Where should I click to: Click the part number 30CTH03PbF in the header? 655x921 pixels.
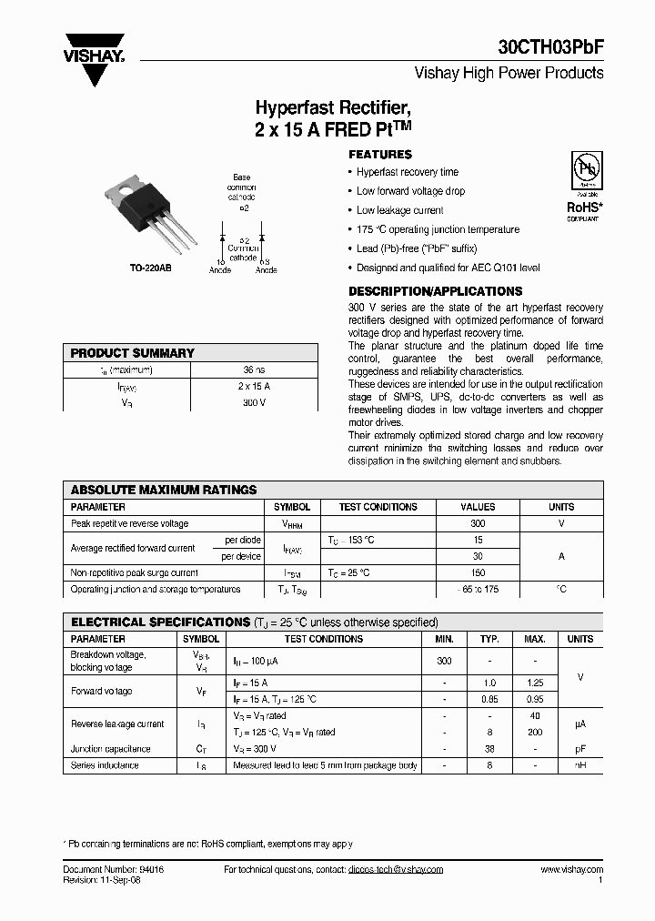click(x=550, y=48)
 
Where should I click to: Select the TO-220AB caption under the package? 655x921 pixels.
click(x=150, y=269)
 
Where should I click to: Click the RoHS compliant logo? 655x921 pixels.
click(x=583, y=187)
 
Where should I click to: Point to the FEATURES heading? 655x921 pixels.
click(x=380, y=155)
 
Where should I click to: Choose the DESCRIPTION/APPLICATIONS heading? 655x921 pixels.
click(x=436, y=291)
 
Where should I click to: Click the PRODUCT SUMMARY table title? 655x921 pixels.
click(x=133, y=353)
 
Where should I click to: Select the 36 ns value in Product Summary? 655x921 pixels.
click(x=254, y=369)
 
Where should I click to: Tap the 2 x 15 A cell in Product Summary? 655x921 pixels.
click(x=254, y=385)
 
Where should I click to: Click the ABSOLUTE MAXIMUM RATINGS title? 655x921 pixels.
click(x=164, y=490)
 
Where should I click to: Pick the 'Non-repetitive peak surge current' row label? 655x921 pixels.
click(x=135, y=573)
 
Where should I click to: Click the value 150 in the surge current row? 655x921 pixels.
click(x=478, y=573)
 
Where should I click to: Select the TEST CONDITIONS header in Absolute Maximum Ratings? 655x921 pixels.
click(x=378, y=507)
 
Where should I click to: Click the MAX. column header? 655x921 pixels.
click(x=535, y=639)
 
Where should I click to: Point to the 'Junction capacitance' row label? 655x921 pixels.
click(x=111, y=749)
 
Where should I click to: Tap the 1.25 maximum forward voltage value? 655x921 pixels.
click(x=535, y=683)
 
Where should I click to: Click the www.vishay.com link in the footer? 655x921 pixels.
click(x=571, y=870)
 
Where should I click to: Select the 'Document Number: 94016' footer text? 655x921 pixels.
click(x=114, y=870)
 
